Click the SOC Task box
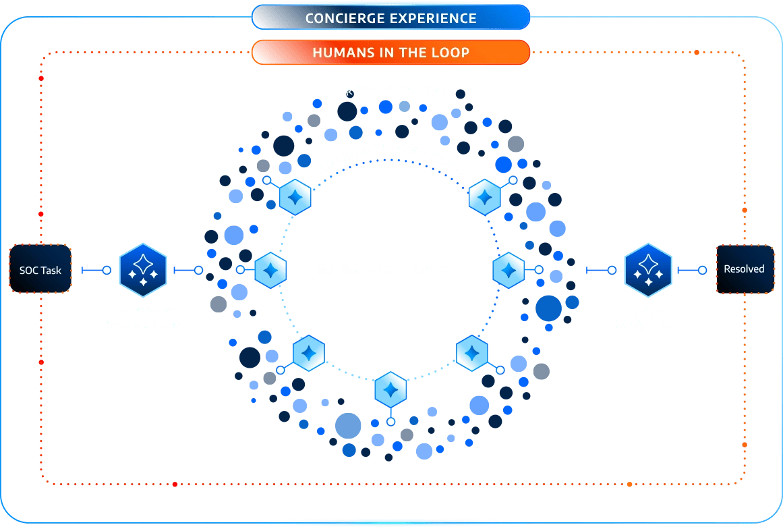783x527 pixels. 40,270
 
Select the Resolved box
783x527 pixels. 744,269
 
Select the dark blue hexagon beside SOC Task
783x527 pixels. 142,270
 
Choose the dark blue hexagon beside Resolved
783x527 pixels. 647,270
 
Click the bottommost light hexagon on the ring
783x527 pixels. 390,389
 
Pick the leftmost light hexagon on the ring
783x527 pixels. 270,270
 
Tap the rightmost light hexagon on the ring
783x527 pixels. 509,270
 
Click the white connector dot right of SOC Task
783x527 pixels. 106,270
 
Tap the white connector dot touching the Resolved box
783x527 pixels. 702,270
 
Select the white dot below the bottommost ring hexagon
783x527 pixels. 390,422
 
